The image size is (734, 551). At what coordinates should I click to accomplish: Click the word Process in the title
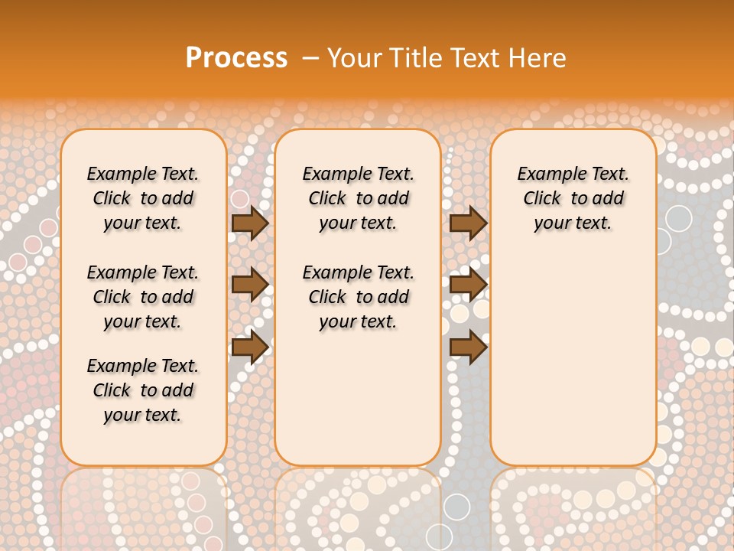pos(236,57)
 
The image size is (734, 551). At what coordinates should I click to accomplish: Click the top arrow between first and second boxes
pos(249,223)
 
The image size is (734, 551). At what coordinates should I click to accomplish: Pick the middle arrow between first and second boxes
pos(249,285)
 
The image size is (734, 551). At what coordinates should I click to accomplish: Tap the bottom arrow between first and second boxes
pos(249,347)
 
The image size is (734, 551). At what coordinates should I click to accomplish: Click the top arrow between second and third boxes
pos(468,223)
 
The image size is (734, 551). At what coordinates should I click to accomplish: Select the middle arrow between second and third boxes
pos(468,285)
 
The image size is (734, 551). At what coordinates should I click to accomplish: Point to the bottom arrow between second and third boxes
pos(468,347)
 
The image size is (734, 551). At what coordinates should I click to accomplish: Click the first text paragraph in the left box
pos(143,198)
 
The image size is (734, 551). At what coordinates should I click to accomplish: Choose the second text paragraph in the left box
pos(143,297)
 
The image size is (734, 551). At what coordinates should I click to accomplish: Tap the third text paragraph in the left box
pos(143,390)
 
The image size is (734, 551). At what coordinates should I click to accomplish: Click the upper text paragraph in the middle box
pos(359,198)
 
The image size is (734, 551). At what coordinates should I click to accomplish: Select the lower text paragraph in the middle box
pos(359,297)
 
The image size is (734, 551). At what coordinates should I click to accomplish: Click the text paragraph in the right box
pos(573,198)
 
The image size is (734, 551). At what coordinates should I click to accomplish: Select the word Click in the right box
pos(542,198)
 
